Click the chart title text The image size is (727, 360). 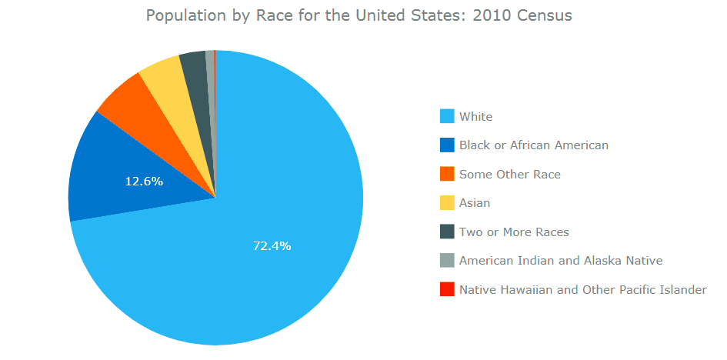pyautogui.click(x=358, y=15)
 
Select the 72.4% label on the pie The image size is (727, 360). pyautogui.click(x=272, y=246)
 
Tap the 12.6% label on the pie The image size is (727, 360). pyautogui.click(x=144, y=182)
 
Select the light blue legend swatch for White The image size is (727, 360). pyautogui.click(x=447, y=117)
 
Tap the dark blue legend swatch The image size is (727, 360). pyautogui.click(x=447, y=145)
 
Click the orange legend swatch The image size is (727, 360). pyautogui.click(x=447, y=175)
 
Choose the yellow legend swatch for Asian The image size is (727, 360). pyautogui.click(x=447, y=203)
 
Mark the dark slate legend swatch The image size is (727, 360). pyautogui.click(x=447, y=232)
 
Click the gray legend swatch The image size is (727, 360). pyautogui.click(x=447, y=261)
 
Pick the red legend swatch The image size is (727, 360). pyautogui.click(x=447, y=290)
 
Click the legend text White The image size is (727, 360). pyautogui.click(x=475, y=117)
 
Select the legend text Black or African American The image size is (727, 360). pyautogui.click(x=533, y=145)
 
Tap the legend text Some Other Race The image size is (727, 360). pyautogui.click(x=509, y=175)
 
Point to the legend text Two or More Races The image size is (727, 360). pyautogui.click(x=514, y=232)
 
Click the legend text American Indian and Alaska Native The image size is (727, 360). pyautogui.click(x=560, y=261)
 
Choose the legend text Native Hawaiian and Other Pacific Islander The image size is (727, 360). pyautogui.click(x=582, y=290)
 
